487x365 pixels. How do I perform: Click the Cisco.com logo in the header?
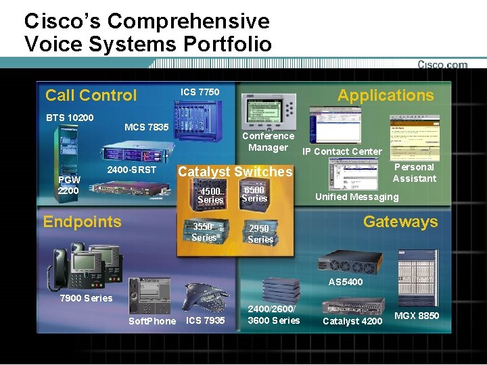(442, 65)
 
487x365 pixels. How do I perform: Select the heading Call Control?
(91, 95)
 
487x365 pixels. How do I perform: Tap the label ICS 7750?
(200, 91)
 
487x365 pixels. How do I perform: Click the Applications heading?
(386, 95)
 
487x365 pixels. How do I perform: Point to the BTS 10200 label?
(70, 118)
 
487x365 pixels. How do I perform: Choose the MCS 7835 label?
(147, 127)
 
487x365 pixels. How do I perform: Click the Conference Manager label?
(269, 141)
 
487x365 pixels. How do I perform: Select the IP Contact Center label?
(342, 151)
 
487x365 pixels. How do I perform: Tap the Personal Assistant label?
(415, 172)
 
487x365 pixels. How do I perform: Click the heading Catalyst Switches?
(235, 172)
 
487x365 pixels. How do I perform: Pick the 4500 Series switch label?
(210, 195)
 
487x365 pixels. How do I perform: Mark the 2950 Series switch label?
(260, 234)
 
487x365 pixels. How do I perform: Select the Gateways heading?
(400, 222)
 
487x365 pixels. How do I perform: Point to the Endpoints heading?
(83, 222)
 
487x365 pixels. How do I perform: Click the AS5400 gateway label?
(346, 281)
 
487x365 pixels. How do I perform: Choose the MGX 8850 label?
(417, 316)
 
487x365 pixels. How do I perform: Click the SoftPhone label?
(152, 320)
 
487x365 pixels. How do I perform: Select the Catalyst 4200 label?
(352, 320)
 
